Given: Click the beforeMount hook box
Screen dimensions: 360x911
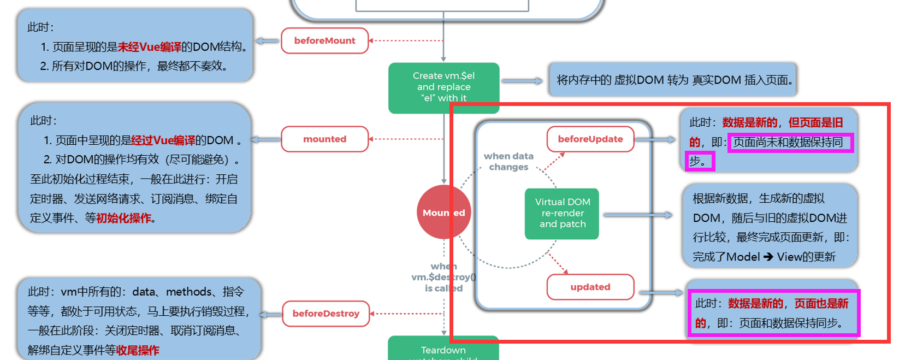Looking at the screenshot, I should (324, 40).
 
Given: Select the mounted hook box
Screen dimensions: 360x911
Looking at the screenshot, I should (324, 139).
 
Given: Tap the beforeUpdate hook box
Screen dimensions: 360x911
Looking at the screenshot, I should (590, 139).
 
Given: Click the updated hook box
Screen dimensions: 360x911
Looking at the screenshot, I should (590, 287).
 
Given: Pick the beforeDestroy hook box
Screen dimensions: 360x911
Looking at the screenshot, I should (326, 314).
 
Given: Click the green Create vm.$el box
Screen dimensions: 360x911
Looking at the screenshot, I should (443, 87).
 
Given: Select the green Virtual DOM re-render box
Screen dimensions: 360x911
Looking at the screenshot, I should (562, 214).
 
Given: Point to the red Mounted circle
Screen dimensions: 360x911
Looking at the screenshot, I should (443, 212).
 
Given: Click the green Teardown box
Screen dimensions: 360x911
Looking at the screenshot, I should (443, 350).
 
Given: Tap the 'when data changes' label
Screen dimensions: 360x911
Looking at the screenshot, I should (508, 162).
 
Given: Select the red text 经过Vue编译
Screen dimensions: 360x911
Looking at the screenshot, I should (163, 140).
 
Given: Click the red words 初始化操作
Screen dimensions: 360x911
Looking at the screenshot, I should (123, 218).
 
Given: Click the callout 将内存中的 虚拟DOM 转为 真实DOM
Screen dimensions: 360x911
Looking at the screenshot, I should (673, 80).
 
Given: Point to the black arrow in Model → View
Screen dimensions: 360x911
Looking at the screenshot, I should (768, 257).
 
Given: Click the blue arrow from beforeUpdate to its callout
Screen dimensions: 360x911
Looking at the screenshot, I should (656, 140).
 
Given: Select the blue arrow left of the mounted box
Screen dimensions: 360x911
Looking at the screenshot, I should (265, 139).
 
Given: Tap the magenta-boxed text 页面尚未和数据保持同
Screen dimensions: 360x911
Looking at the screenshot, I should (790, 143).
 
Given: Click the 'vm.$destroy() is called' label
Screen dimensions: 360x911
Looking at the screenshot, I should (443, 278).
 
